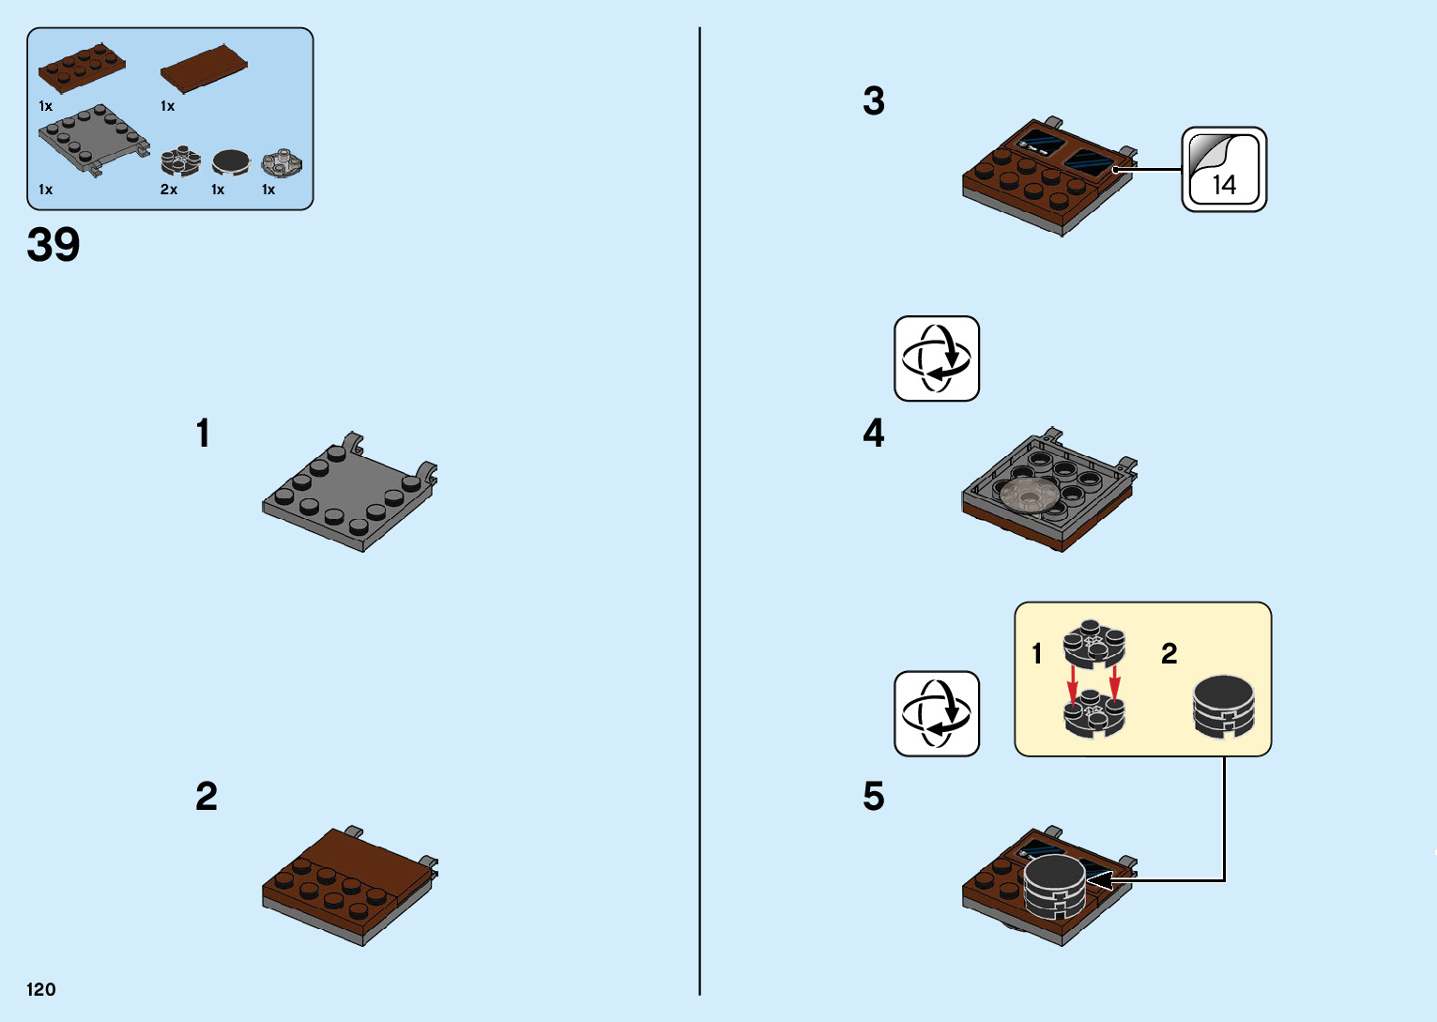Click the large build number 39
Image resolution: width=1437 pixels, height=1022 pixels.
[x=54, y=245]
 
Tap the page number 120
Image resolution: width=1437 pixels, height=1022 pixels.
[x=41, y=989]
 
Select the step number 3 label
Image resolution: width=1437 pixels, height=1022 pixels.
[x=873, y=101]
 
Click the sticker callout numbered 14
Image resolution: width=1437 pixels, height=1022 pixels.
[x=1223, y=170]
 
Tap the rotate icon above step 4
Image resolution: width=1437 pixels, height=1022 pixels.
[x=936, y=358]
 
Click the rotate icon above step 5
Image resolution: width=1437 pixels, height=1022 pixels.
[x=936, y=713]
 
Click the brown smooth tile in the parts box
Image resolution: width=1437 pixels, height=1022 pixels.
[x=204, y=69]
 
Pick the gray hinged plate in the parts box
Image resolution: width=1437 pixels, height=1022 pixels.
[x=92, y=139]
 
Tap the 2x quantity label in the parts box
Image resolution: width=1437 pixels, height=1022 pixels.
[x=169, y=190]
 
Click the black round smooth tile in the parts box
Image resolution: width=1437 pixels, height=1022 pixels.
[x=231, y=162]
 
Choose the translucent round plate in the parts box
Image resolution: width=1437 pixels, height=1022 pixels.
[x=282, y=163]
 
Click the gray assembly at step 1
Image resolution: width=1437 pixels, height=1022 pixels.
[x=349, y=493]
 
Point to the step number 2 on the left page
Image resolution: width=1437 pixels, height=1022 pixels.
[x=206, y=797]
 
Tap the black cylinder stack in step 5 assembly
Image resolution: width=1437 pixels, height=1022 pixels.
[x=1054, y=886]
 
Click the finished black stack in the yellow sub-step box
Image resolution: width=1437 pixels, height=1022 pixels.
[x=1223, y=706]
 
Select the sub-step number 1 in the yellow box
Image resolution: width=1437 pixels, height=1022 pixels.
[x=1036, y=653]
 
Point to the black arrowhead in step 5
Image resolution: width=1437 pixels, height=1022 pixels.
[x=1099, y=880]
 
